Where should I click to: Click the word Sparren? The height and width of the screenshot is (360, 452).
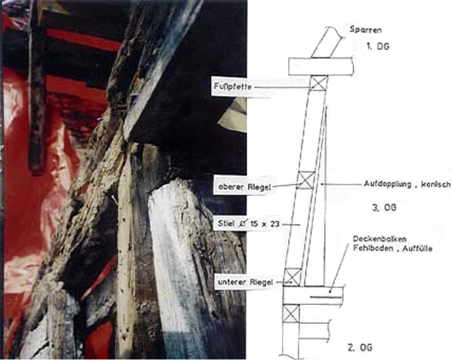coord(366,29)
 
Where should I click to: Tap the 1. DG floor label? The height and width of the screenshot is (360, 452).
coord(378,46)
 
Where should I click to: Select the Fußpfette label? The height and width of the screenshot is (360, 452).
coord(233,86)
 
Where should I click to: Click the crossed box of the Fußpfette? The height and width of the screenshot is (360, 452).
coord(319,83)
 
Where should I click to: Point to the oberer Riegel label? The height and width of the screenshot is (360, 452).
coord(244,187)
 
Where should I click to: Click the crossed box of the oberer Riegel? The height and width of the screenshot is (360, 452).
coord(306,180)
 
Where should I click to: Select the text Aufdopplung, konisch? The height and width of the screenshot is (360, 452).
coord(407,184)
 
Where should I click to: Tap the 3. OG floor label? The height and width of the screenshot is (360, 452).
coord(384,207)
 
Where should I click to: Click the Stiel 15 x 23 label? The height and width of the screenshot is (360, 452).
coord(249,224)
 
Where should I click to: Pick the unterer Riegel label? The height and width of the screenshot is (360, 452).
coord(245,282)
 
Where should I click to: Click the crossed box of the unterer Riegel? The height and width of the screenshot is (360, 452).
coord(293,277)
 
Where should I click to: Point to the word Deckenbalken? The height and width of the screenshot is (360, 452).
coord(379,239)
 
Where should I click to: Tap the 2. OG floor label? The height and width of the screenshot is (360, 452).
coord(360,347)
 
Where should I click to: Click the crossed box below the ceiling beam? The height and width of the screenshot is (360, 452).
coord(291,314)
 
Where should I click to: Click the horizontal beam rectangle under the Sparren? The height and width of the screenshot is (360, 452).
coord(321,67)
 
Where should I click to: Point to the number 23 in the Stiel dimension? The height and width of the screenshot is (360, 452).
coord(274,224)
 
